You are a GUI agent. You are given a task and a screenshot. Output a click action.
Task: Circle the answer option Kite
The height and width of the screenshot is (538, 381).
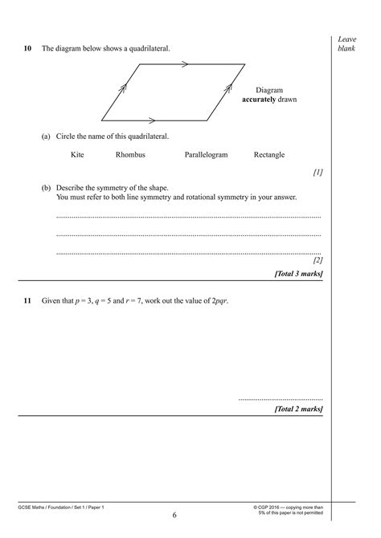point(77,155)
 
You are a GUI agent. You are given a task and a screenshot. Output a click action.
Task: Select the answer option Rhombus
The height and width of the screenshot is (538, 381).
point(130,155)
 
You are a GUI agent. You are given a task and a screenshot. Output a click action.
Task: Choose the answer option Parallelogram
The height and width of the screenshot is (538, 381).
point(207,155)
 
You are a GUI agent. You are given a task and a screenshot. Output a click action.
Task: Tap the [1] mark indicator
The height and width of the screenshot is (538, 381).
point(317,172)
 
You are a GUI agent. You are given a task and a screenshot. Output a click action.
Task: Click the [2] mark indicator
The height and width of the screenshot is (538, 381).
point(317,260)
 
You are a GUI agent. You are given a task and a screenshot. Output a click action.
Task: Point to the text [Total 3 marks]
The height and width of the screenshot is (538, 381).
point(298,273)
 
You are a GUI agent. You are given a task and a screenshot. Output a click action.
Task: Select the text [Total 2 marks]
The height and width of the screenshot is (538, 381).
point(298,409)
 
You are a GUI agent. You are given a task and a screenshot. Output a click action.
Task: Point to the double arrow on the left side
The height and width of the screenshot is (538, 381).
point(123,91)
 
